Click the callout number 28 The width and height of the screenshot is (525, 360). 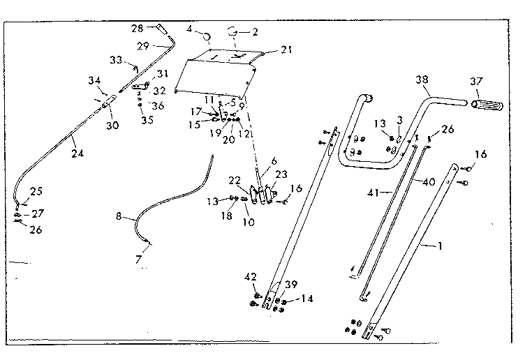pyautogui.click(x=138, y=29)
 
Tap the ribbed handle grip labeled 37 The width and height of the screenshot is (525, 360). pyautogui.click(x=487, y=105)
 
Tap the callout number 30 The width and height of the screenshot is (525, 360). pyautogui.click(x=112, y=125)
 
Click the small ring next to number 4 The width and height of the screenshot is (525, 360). pyautogui.click(x=207, y=36)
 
